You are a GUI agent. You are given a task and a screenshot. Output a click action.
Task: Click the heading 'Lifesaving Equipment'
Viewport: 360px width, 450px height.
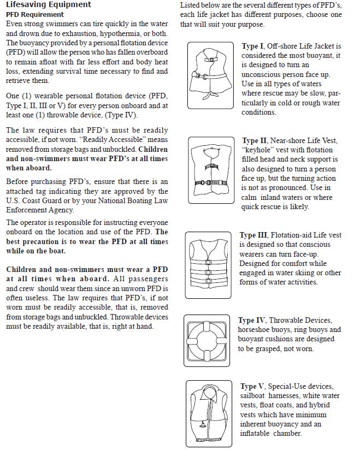click(x=49, y=4)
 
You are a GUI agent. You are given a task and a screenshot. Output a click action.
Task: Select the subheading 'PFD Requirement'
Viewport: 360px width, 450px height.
click(x=35, y=14)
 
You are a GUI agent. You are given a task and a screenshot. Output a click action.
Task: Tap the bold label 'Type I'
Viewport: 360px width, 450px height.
click(x=252, y=46)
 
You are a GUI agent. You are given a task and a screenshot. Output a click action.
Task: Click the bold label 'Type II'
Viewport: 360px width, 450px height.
click(x=255, y=141)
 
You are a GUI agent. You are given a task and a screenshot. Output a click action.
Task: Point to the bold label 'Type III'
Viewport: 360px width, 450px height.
click(x=253, y=235)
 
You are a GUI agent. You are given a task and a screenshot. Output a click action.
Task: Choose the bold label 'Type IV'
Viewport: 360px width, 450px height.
click(x=251, y=320)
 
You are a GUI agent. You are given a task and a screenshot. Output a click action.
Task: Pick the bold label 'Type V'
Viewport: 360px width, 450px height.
click(x=252, y=386)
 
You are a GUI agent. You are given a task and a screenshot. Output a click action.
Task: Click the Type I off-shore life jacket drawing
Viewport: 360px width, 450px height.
click(x=210, y=75)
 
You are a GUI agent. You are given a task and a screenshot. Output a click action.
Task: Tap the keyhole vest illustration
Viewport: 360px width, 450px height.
click(x=211, y=170)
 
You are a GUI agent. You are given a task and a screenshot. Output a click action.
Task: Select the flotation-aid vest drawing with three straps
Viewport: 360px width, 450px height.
click(x=208, y=265)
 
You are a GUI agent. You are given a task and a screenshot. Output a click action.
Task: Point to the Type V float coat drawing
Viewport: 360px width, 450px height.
click(x=209, y=413)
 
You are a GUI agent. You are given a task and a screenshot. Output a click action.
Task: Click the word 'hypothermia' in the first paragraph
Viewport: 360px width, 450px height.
click(x=120, y=33)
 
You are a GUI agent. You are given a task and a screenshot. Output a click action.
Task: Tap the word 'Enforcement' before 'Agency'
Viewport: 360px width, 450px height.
click(x=25, y=210)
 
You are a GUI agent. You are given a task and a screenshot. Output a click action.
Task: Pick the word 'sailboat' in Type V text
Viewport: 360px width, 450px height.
click(x=252, y=396)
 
